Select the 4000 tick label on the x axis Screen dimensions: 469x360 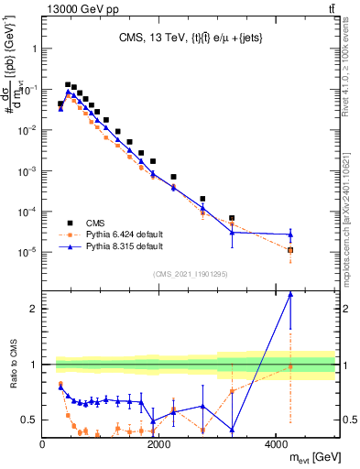(x=276, y=444)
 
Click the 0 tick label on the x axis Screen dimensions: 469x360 (x=42, y=444)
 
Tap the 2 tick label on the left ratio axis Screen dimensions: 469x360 (x=31, y=309)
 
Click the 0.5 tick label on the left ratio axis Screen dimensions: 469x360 (x=27, y=420)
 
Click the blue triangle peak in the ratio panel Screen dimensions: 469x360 (x=290, y=294)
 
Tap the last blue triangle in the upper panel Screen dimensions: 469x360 (x=290, y=234)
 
